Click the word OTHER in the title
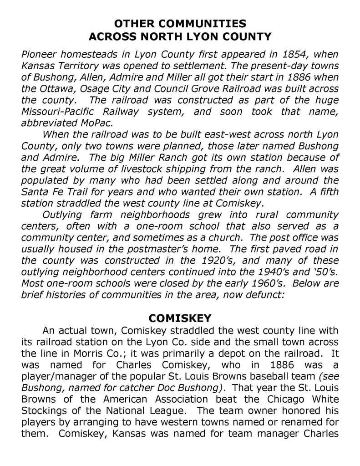131,23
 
